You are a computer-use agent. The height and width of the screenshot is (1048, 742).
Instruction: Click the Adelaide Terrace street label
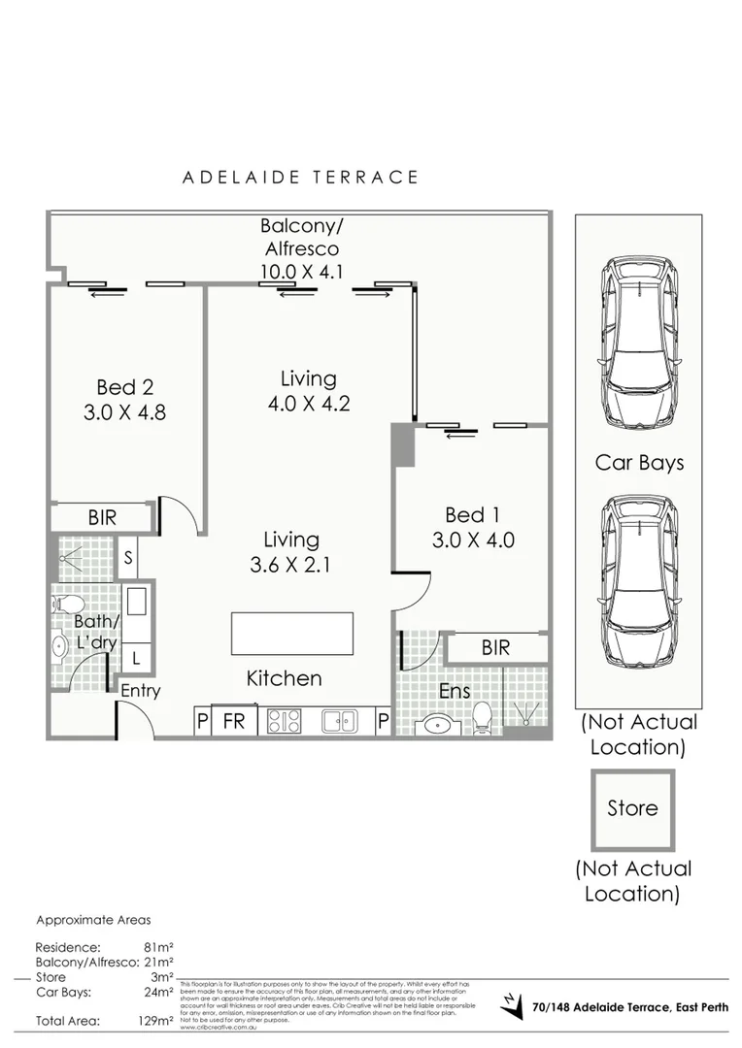pos(301,178)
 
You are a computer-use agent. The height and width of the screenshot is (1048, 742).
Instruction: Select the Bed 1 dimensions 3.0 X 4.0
pos(473,540)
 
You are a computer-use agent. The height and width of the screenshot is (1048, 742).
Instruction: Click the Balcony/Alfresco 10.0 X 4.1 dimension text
pos(301,272)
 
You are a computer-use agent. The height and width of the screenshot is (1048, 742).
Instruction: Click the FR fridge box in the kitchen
pos(234,721)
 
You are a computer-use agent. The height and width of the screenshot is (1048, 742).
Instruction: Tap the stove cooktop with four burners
pos(284,721)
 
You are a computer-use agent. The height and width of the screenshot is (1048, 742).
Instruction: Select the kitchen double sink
pos(340,721)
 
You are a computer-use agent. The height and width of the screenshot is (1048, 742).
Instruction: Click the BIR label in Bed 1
pos(495,647)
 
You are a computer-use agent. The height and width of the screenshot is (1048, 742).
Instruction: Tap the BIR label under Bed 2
pos(102,517)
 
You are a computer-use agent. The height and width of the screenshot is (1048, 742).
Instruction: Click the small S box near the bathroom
pos(129,558)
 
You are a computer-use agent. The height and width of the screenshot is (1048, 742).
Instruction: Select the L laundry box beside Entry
pos(135,658)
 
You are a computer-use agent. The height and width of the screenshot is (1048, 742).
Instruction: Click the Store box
pos(632,807)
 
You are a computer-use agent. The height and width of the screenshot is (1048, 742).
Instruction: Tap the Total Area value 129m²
pos(155,1021)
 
